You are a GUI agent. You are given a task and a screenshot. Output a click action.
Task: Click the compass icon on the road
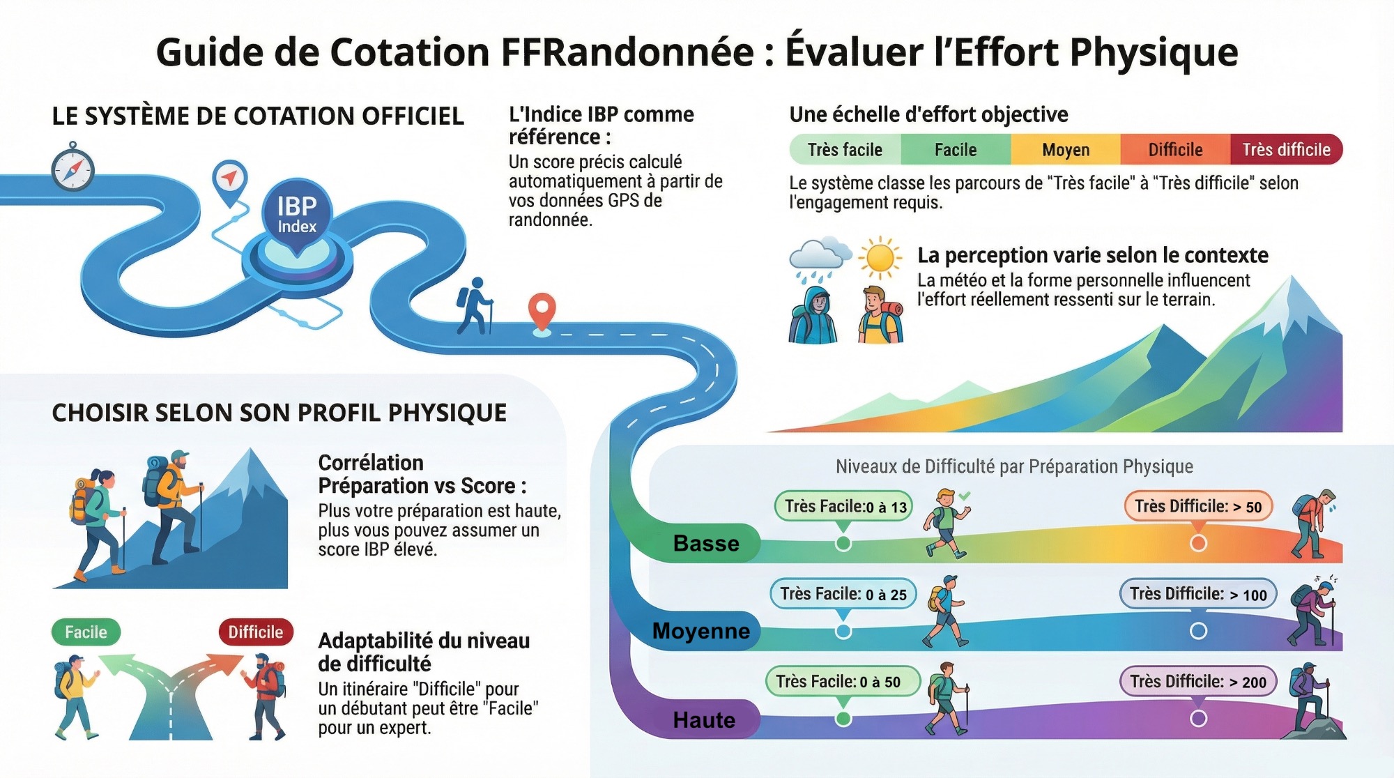pyautogui.click(x=72, y=168)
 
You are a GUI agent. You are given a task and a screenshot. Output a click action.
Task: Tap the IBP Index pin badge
pyautogui.click(x=297, y=215)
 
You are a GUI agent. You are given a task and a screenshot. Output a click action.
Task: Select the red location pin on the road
pyautogui.click(x=542, y=312)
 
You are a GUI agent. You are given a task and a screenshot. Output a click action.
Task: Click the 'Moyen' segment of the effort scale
pyautogui.click(x=1066, y=150)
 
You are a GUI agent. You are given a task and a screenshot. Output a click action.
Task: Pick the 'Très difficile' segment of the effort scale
pyautogui.click(x=1286, y=150)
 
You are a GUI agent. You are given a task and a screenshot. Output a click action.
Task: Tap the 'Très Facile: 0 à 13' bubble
pyautogui.click(x=844, y=507)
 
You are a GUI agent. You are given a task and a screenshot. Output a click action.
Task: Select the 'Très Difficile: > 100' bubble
pyautogui.click(x=1198, y=594)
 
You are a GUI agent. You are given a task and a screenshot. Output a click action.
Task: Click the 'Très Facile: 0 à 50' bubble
pyautogui.click(x=843, y=681)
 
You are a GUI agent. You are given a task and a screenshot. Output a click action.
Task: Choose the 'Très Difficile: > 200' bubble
pyautogui.click(x=1198, y=681)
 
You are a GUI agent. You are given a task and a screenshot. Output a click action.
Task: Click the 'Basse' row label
pyautogui.click(x=705, y=543)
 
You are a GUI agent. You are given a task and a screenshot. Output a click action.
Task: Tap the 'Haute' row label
pyautogui.click(x=704, y=719)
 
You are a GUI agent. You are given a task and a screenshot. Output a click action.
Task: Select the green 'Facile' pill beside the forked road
pyautogui.click(x=86, y=632)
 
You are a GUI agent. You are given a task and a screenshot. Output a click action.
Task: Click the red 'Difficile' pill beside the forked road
pyautogui.click(x=255, y=632)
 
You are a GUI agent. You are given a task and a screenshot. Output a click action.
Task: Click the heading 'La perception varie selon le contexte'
pyautogui.click(x=1092, y=255)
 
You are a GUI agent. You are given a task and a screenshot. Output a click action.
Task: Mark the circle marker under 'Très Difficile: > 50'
pyautogui.click(x=1198, y=543)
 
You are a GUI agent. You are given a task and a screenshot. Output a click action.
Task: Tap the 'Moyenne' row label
pyautogui.click(x=700, y=631)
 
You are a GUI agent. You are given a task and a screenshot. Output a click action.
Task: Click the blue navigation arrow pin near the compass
pyautogui.click(x=229, y=178)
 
